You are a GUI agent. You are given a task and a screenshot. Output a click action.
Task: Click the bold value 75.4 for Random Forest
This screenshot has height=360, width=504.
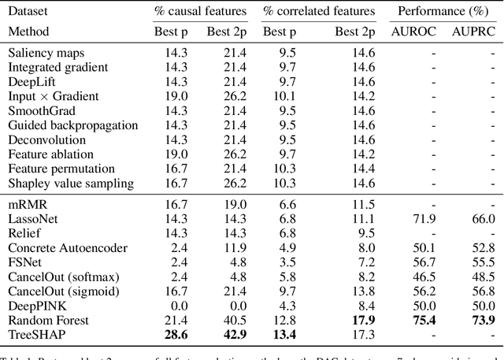coord(421,320)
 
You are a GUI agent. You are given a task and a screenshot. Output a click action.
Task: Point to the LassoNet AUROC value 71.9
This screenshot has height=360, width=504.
coord(421,217)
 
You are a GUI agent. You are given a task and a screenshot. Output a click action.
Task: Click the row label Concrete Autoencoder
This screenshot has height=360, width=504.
coord(67,247)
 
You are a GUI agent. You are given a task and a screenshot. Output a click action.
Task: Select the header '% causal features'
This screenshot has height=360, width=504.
coord(198,11)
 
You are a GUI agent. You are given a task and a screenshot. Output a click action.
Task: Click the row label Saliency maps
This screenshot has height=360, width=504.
coord(46,53)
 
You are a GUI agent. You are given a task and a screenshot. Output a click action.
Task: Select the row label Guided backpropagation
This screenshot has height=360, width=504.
coord(73,125)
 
